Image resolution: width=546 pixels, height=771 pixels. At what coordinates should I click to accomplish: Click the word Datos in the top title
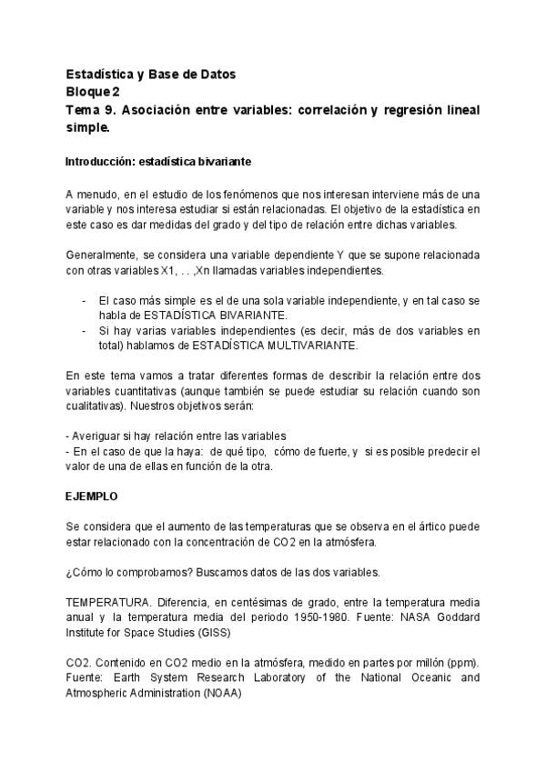coord(219,74)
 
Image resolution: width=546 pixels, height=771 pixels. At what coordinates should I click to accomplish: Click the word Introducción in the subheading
coord(96,162)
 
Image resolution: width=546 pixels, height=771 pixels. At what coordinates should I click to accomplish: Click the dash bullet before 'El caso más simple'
coord(84,299)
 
